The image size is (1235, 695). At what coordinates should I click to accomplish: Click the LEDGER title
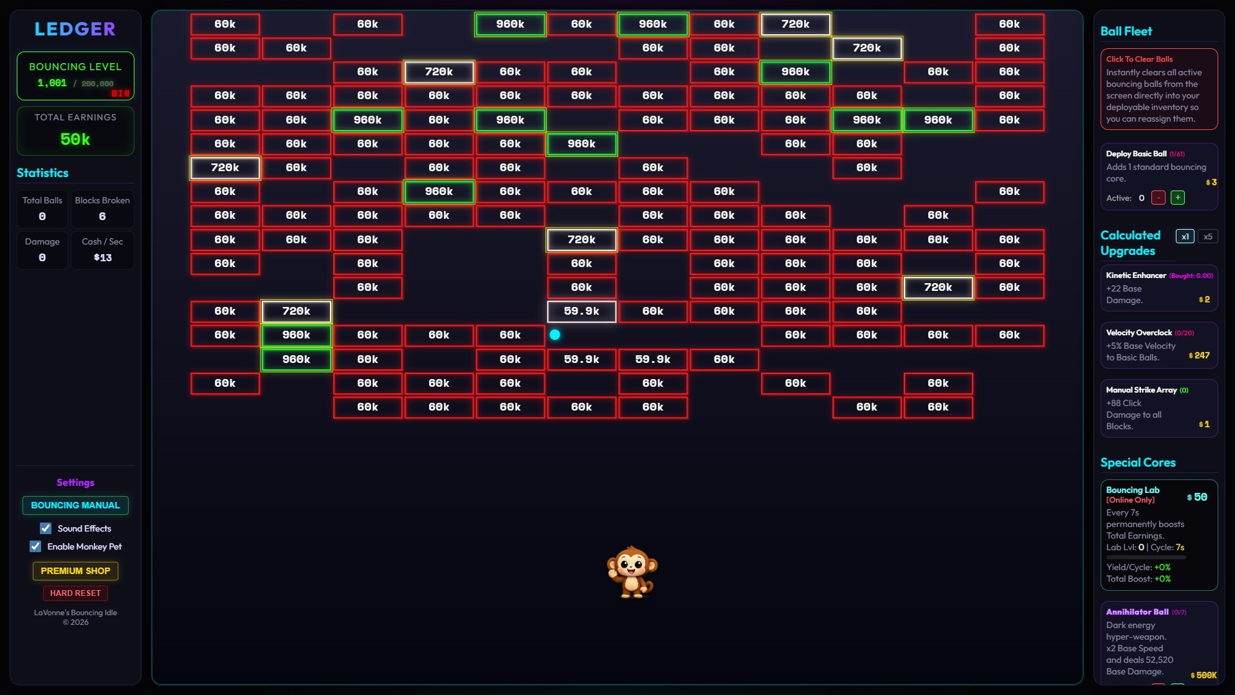[x=75, y=29]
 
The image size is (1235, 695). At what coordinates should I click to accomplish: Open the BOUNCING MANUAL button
[x=75, y=505]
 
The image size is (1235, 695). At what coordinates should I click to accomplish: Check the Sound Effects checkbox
[x=46, y=528]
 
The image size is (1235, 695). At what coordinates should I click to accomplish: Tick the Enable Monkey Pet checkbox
[x=35, y=546]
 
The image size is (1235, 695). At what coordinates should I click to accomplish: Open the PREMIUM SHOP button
[x=75, y=571]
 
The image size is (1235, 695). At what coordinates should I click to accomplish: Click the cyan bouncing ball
[x=555, y=335]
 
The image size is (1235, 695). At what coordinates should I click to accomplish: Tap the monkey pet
[x=632, y=572]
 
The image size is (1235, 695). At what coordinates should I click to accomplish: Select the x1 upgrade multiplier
[x=1185, y=236]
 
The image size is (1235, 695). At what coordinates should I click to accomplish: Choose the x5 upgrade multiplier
[x=1207, y=236]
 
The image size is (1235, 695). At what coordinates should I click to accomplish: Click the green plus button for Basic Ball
[x=1178, y=198]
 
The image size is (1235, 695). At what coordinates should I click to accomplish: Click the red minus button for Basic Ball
[x=1158, y=198]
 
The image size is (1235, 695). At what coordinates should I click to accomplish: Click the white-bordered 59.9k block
[x=581, y=311]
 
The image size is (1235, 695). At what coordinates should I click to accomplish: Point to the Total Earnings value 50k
[x=75, y=139]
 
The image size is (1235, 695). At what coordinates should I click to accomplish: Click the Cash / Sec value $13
[x=102, y=257]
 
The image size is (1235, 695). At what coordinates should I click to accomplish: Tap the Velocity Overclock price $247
[x=1200, y=355]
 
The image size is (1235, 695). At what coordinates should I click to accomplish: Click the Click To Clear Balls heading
[x=1139, y=59]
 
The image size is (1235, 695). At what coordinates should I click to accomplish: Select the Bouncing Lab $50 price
[x=1197, y=497]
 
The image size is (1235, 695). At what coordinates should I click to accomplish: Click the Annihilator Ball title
[x=1137, y=612]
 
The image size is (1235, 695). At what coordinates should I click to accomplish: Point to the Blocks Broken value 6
[x=102, y=216]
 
